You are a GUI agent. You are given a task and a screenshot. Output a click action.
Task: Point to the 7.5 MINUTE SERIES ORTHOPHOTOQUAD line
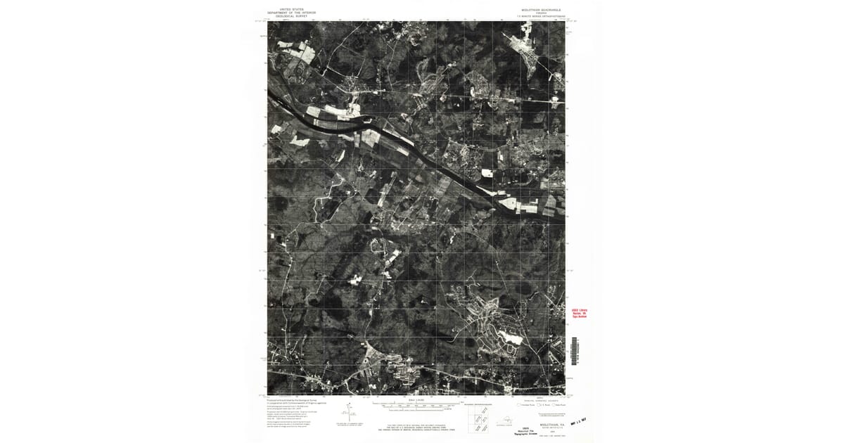click(537, 15)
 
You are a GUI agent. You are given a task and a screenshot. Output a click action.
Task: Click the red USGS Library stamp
click(579, 313)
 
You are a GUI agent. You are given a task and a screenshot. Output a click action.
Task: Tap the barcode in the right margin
click(575, 349)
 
